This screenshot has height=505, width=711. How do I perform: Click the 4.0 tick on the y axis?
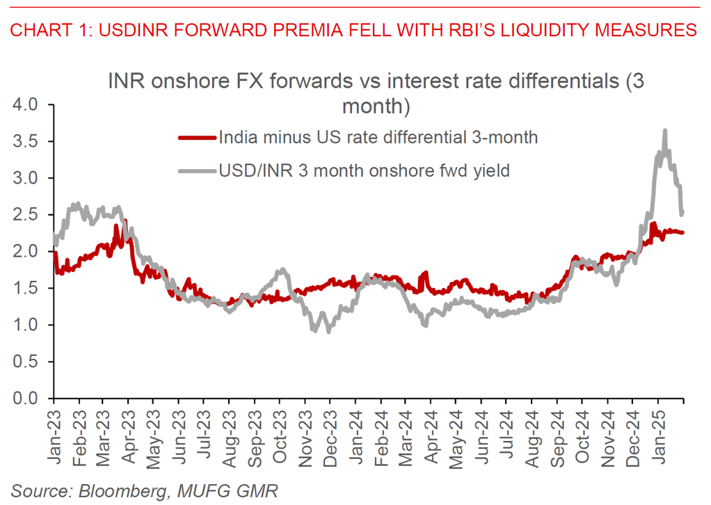click(27, 105)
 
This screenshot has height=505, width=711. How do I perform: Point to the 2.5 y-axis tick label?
click(27, 215)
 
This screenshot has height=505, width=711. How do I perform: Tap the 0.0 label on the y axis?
click(27, 399)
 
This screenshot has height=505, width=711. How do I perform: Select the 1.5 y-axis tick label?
click(27, 289)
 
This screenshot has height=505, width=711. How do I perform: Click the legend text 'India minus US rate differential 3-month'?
click(378, 138)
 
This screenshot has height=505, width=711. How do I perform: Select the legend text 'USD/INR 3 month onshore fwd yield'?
click(365, 170)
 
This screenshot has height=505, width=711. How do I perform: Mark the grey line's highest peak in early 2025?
click(665, 130)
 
